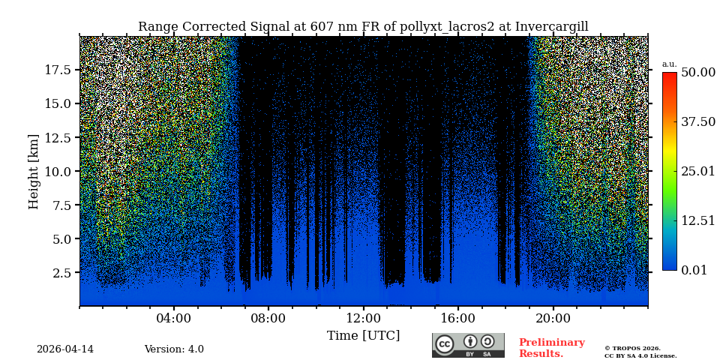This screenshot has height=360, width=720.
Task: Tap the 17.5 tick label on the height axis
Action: point(58,70)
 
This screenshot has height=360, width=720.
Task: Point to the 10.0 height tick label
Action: point(58,171)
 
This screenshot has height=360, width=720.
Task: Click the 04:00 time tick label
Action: point(174,318)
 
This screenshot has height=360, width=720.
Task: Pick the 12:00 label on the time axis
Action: point(363,318)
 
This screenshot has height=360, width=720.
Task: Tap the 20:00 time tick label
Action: point(553,318)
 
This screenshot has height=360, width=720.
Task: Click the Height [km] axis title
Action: point(34,171)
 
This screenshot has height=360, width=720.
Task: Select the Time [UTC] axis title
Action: point(363,335)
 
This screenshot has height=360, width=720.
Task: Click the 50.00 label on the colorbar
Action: point(697,73)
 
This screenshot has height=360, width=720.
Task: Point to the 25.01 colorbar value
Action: point(697,172)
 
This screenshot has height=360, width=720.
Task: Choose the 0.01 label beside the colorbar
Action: point(694,270)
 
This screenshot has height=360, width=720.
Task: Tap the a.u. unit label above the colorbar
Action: point(669,64)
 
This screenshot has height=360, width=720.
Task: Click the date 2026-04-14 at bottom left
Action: point(65,349)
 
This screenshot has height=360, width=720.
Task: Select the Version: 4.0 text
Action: point(174,349)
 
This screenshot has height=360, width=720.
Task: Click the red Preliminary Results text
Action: point(551,348)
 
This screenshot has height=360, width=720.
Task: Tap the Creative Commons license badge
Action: point(468,345)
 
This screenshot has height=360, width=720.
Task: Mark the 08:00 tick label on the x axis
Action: point(268,318)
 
